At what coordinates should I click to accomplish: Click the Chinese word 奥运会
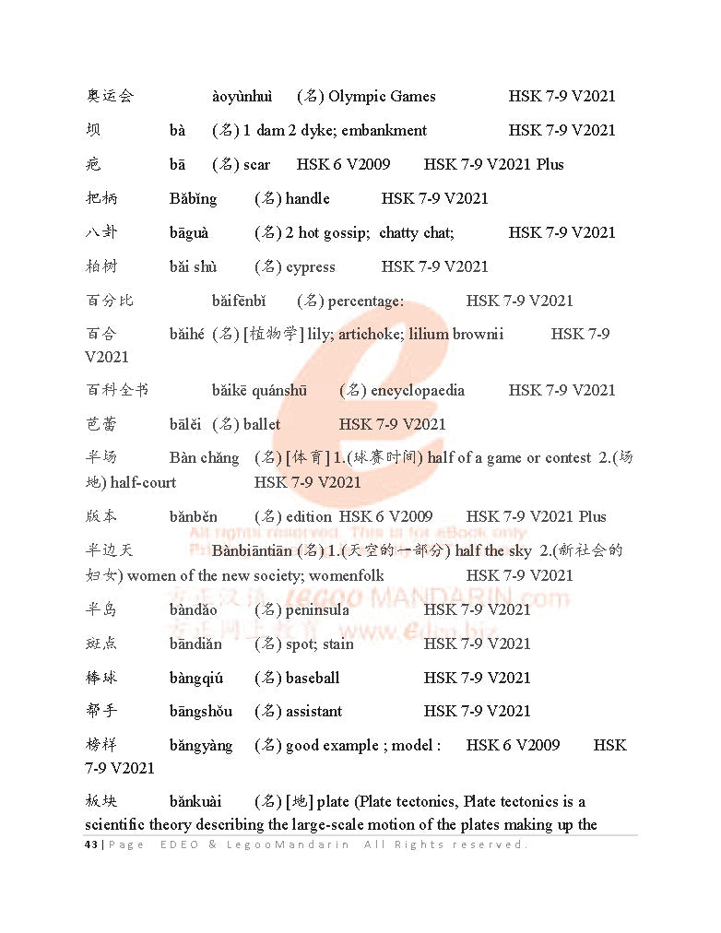(x=110, y=96)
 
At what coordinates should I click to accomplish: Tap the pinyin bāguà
(x=189, y=232)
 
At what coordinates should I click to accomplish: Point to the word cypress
(x=311, y=266)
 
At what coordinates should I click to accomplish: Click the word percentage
(x=365, y=301)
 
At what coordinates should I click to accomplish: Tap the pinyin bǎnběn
(x=194, y=516)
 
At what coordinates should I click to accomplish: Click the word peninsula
(x=317, y=609)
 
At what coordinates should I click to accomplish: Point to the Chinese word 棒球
(x=101, y=678)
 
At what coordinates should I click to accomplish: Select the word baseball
(x=313, y=678)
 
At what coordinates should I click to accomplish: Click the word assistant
(x=313, y=711)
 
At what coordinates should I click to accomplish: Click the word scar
(x=257, y=164)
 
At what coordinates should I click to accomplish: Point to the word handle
(x=307, y=198)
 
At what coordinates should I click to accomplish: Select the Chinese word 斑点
(x=101, y=644)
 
